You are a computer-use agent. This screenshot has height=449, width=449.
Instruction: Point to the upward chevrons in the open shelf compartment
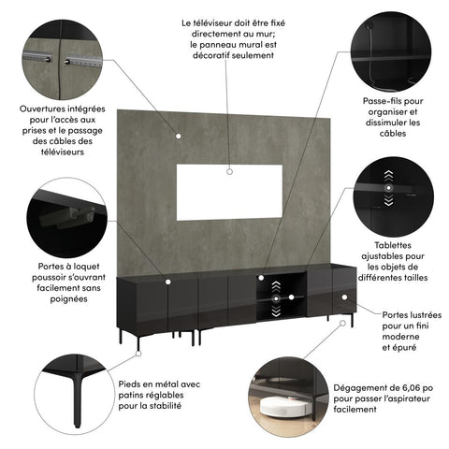276,281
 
